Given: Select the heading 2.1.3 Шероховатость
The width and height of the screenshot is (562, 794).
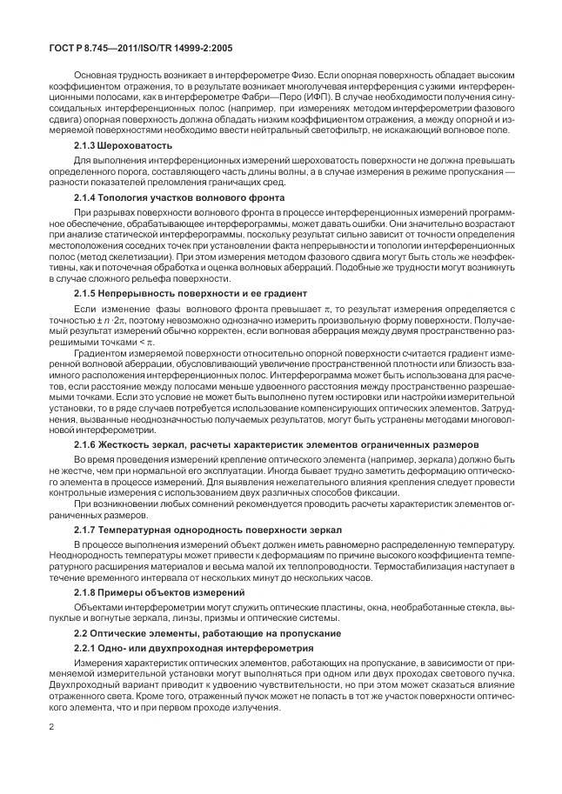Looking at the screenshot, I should pyautogui.click(x=117, y=145).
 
